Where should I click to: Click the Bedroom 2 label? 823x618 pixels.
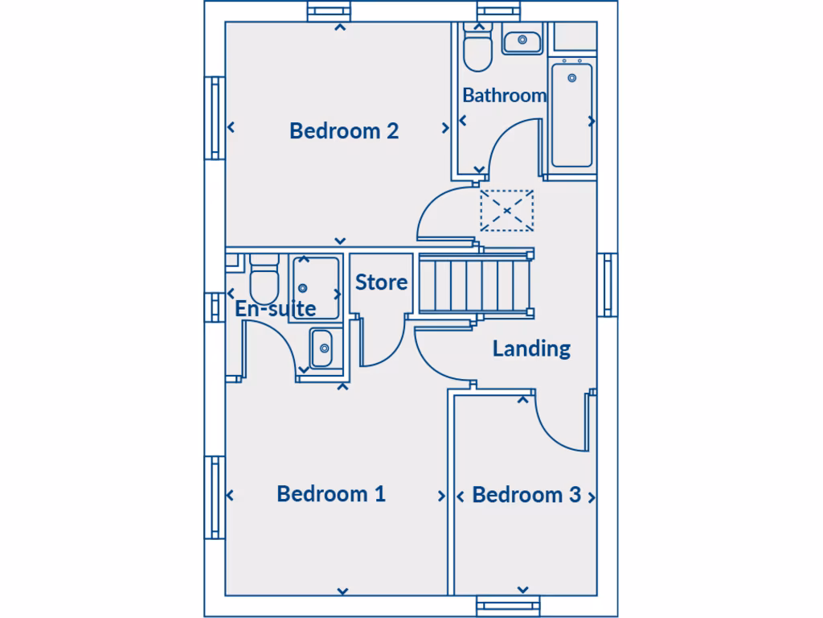click(x=344, y=130)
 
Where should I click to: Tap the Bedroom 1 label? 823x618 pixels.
click(x=331, y=493)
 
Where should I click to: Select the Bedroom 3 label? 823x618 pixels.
click(x=526, y=495)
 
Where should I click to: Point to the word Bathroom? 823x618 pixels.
click(x=504, y=95)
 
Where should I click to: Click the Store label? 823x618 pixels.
click(x=382, y=282)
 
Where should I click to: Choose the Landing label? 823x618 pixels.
click(x=531, y=348)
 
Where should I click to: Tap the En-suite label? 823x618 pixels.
click(x=275, y=308)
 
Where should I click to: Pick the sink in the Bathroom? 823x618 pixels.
click(x=522, y=39)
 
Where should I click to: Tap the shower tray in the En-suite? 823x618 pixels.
click(x=314, y=287)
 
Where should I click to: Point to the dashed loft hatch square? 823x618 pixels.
click(x=506, y=211)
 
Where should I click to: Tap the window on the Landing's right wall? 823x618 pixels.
click(x=608, y=285)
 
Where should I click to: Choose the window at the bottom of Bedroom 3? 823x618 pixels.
click(x=509, y=605)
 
